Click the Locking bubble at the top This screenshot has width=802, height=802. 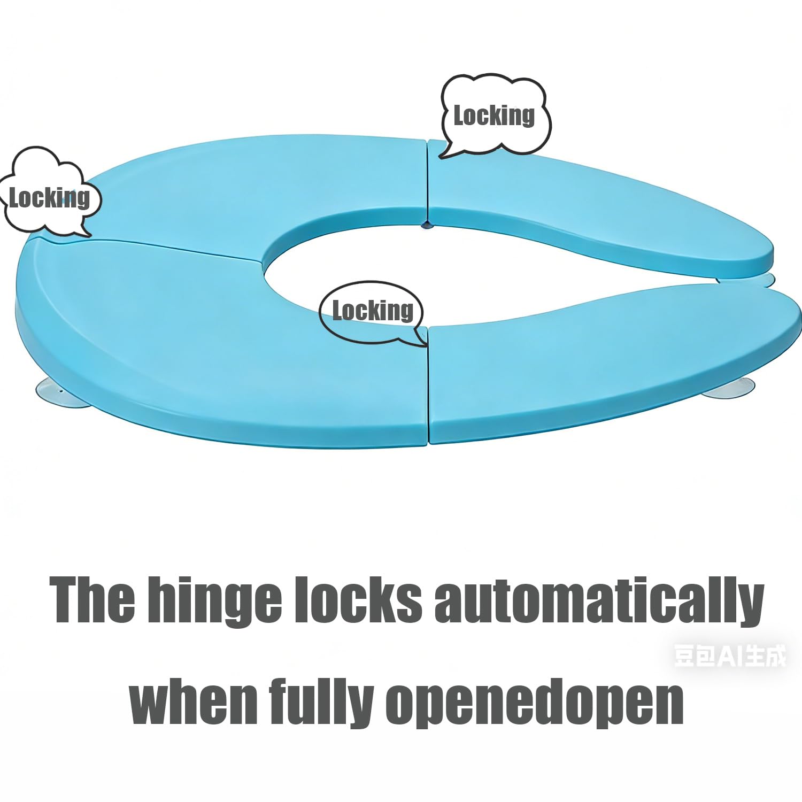[x=495, y=114]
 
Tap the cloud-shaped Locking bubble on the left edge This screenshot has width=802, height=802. [x=49, y=194]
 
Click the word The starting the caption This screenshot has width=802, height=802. [x=92, y=599]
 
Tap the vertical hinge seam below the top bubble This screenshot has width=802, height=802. [x=428, y=182]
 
